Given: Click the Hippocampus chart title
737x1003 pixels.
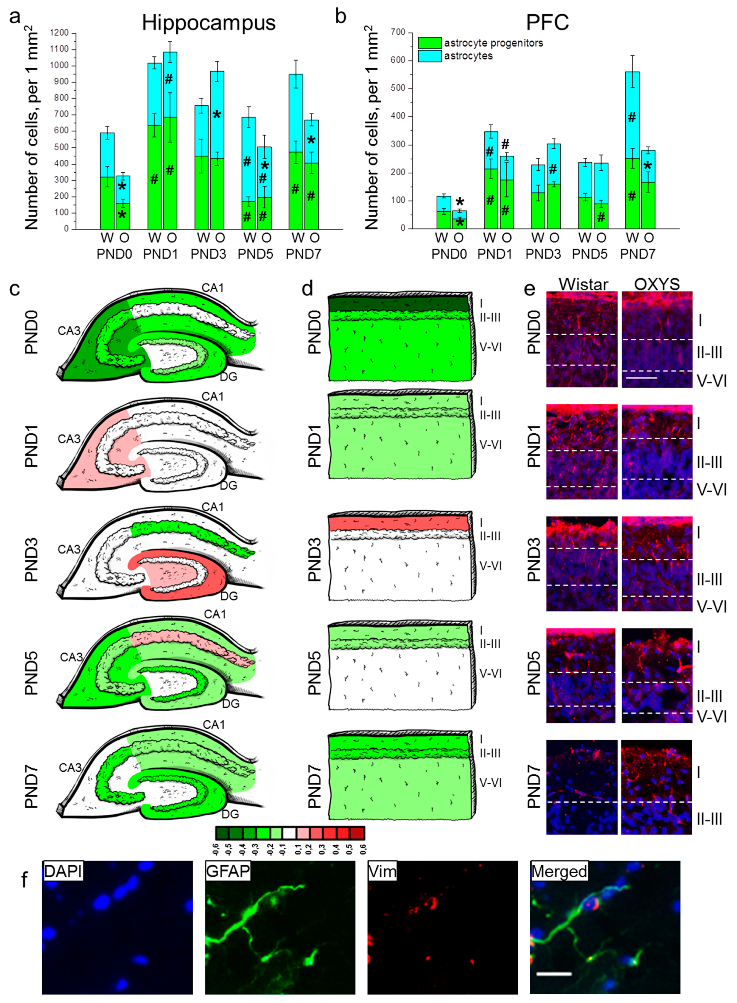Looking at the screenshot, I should coord(208,22).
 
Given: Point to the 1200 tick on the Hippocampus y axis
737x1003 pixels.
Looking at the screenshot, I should coord(59,33).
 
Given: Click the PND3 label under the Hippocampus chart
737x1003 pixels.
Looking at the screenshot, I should coord(208,254).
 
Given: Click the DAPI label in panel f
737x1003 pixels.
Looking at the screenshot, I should coord(63,871).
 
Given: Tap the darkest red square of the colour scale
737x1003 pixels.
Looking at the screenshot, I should coord(357,833).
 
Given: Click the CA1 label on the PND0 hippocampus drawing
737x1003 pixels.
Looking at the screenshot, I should coord(212,288).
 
